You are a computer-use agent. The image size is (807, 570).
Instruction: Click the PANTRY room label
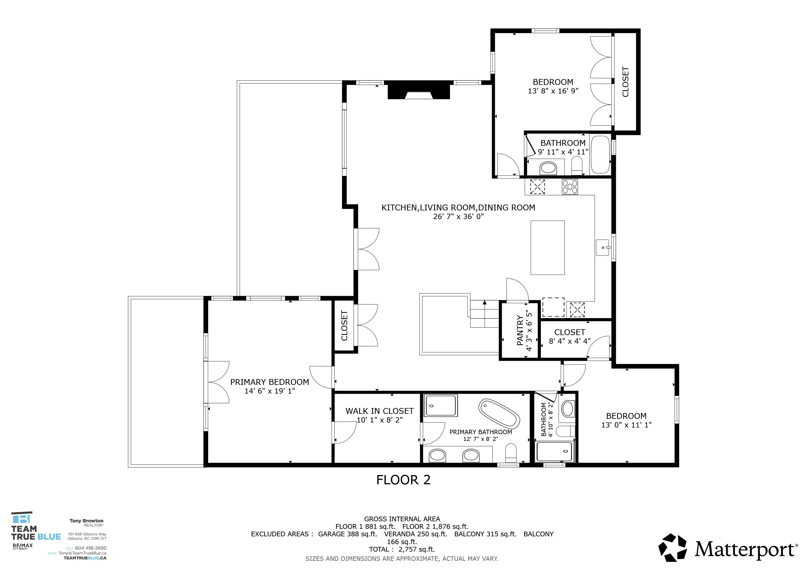520,330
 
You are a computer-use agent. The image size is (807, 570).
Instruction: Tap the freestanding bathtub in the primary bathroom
499,413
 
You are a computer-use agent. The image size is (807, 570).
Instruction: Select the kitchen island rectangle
547,247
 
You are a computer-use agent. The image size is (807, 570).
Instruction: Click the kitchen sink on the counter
603,247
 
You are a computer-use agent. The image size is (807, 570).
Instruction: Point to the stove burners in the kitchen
570,187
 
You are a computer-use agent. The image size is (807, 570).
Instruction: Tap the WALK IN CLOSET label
380,411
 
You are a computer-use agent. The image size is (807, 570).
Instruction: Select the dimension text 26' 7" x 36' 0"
458,217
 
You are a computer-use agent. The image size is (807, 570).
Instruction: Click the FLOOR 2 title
403,480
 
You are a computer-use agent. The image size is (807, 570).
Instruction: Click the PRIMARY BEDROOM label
269,382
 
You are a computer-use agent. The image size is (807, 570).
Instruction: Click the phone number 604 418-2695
91,548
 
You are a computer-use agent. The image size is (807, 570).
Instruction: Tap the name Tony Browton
86,521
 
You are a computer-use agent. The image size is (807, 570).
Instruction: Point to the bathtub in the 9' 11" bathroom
600,155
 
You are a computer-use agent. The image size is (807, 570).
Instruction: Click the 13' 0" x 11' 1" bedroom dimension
626,425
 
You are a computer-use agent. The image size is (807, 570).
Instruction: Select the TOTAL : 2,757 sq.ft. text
402,549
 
